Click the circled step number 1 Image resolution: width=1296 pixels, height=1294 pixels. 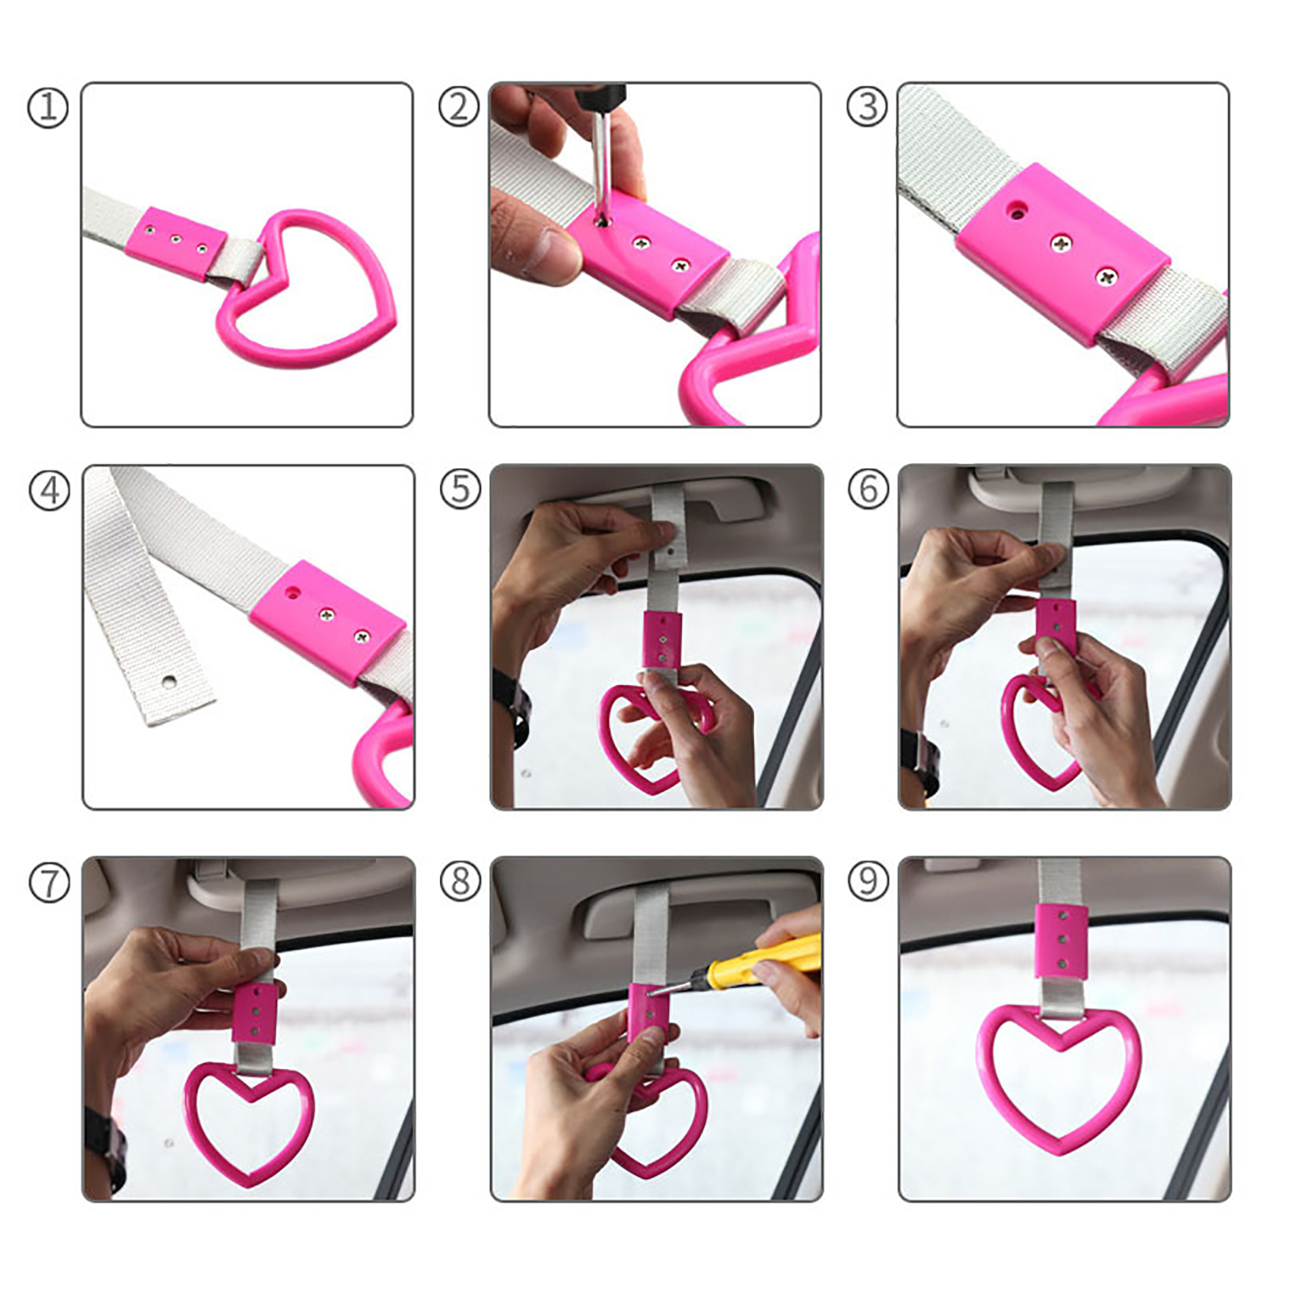48,108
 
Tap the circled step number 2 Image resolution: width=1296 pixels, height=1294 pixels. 458,108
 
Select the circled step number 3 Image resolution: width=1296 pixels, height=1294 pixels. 868,107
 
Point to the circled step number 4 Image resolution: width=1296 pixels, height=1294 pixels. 49,490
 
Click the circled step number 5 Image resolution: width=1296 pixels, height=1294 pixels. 460,489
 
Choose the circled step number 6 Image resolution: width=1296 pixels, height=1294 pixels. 868,489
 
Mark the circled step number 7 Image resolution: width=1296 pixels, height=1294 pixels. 49,882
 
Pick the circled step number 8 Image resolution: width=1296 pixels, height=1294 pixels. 460,881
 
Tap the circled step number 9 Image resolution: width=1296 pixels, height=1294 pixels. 868,881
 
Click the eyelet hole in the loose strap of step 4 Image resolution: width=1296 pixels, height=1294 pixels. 168,681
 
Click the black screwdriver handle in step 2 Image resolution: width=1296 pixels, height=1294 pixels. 600,95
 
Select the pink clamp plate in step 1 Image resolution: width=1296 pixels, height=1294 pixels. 176,242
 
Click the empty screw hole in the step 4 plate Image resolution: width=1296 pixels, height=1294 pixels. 292,593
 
